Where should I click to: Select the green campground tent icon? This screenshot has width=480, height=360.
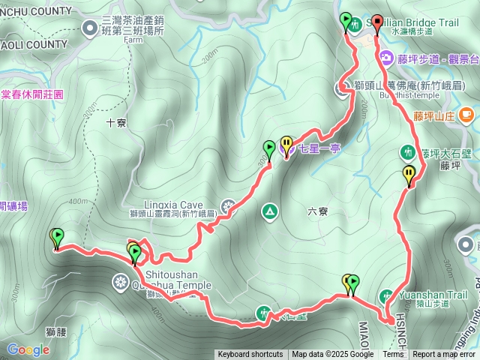pyautogui.click(x=268, y=212)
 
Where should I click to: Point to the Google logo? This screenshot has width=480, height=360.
pyautogui.click(x=28, y=349)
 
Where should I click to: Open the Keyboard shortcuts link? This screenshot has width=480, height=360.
pyautogui.click(x=250, y=355)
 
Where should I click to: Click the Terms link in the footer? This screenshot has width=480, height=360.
pyautogui.click(x=393, y=355)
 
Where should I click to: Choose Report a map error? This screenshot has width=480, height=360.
pyautogui.click(x=444, y=355)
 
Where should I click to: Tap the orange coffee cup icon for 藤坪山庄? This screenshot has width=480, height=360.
pyautogui.click(x=466, y=114)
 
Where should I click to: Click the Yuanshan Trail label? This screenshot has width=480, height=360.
pyautogui.click(x=433, y=295)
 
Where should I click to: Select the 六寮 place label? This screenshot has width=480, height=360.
pyautogui.click(x=318, y=211)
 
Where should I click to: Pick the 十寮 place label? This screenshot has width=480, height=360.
pyautogui.click(x=116, y=122)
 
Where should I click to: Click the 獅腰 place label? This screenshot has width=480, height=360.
pyautogui.click(x=57, y=331)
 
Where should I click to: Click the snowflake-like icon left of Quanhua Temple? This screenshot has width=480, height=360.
pyautogui.click(x=119, y=283)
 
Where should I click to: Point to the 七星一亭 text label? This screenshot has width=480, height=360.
pyautogui.click(x=319, y=148)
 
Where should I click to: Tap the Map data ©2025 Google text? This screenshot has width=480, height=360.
pyautogui.click(x=333, y=355)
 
